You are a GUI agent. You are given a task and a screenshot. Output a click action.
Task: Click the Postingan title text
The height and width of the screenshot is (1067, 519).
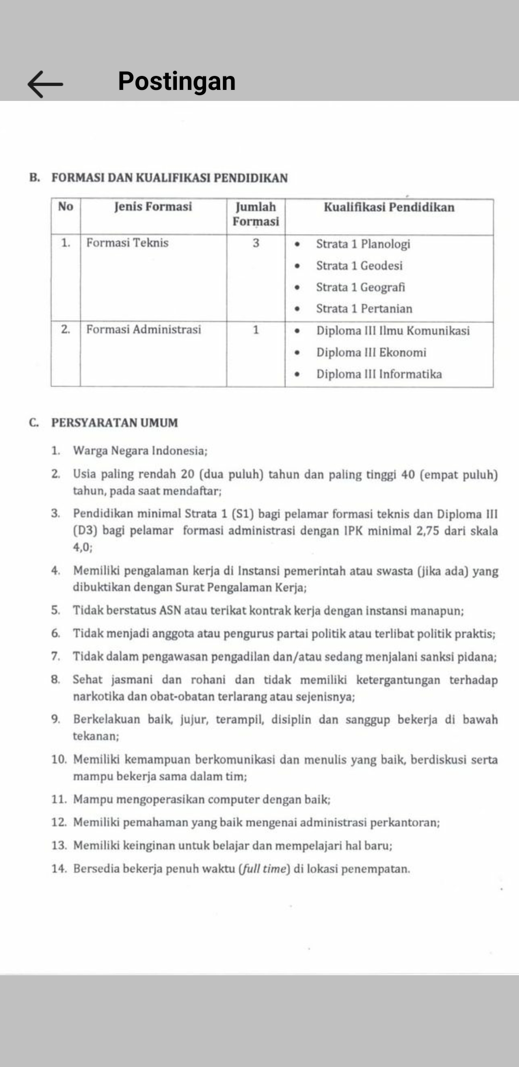click(176, 81)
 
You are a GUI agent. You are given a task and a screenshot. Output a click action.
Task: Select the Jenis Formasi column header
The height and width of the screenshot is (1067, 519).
click(153, 207)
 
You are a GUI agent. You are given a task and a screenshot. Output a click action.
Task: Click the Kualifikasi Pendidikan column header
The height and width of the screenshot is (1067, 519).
click(389, 207)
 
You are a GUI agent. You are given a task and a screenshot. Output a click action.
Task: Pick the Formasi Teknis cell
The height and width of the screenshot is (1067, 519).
click(127, 243)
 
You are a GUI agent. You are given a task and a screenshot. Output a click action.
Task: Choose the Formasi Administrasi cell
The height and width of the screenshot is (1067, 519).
click(143, 330)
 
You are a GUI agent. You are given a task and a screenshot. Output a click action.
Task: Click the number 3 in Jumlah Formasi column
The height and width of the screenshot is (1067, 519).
click(256, 243)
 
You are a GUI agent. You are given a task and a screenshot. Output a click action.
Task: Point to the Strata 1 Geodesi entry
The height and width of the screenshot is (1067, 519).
click(359, 266)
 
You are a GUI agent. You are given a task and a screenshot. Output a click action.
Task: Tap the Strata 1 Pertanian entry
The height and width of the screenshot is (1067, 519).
click(364, 309)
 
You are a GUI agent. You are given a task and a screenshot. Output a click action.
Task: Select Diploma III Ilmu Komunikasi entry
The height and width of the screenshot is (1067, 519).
click(393, 331)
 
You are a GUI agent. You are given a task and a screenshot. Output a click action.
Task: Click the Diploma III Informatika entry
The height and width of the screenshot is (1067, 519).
click(379, 374)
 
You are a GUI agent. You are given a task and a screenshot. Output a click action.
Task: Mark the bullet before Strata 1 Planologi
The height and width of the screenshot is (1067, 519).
click(297, 244)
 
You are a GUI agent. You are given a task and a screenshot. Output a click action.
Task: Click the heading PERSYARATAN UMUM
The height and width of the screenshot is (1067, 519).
click(114, 423)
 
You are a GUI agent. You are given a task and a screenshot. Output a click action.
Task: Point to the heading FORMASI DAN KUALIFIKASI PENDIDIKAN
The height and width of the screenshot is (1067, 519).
click(169, 178)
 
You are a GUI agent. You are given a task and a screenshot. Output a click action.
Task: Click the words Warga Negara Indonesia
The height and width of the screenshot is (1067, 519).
click(140, 451)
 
